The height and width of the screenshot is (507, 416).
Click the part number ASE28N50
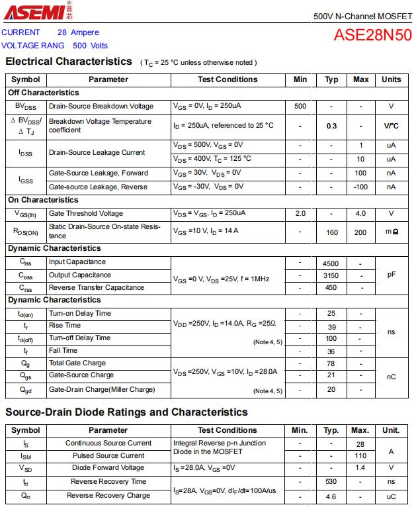tap(373, 35)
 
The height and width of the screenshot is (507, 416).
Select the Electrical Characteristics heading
tap(69, 62)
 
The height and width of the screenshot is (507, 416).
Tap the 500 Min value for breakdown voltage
tap(300, 107)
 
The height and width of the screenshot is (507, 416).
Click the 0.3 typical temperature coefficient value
tap(331, 126)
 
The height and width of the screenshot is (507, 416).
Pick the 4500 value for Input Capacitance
tap(331, 263)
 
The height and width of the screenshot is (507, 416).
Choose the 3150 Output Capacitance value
tap(331, 275)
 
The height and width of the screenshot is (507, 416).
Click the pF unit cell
tap(391, 275)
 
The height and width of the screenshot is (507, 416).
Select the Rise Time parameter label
tap(65, 326)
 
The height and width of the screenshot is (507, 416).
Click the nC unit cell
tap(391, 377)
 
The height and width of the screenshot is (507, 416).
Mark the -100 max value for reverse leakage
tap(360, 187)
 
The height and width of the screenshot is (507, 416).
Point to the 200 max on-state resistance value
tap(360, 232)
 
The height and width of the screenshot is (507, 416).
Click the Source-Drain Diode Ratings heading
tap(126, 412)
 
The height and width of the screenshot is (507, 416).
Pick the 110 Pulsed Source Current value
tap(360, 456)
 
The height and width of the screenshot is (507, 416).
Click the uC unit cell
tap(391, 496)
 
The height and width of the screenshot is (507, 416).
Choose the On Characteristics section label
tap(43, 200)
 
